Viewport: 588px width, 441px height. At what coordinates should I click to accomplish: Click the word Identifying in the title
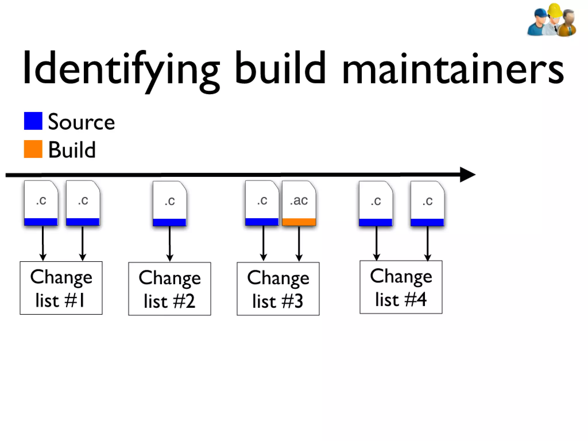pos(121,69)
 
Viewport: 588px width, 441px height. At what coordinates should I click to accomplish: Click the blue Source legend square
pos(33,121)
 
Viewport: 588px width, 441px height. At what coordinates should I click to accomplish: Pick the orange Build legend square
pos(33,149)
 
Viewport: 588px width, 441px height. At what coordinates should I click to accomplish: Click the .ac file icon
pos(299,203)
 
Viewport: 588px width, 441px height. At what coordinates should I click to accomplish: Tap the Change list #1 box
pos(61,288)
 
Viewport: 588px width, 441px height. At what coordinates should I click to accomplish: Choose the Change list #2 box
pos(169,289)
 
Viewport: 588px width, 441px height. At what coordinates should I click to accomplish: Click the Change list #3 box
pos(278,289)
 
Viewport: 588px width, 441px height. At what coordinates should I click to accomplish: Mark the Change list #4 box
pos(401,287)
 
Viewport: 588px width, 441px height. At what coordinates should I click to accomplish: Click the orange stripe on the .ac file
pos(299,222)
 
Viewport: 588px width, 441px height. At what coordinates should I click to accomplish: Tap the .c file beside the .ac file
pos(262,203)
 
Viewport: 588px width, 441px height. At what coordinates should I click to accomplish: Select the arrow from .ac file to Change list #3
pos(299,243)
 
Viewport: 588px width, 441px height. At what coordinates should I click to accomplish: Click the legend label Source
pos(81,122)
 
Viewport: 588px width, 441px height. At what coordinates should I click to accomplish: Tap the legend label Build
pos(72,150)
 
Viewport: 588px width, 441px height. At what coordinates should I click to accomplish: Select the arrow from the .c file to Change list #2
pos(170,243)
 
